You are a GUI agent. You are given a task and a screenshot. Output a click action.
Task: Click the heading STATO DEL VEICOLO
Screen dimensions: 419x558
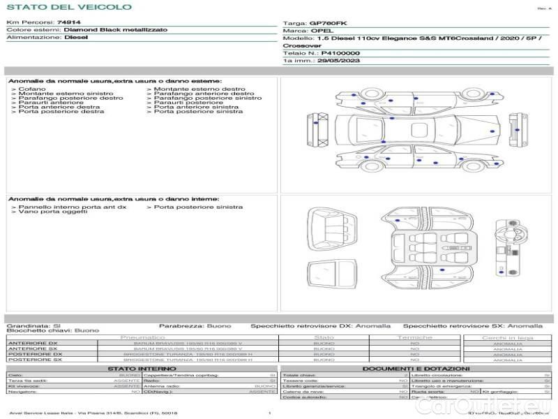(68, 7)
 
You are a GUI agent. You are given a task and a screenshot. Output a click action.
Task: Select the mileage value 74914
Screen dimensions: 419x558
(69, 22)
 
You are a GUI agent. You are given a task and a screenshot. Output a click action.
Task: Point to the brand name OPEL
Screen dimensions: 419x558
(322, 31)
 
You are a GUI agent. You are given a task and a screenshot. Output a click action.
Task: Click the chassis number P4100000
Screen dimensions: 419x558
(340, 53)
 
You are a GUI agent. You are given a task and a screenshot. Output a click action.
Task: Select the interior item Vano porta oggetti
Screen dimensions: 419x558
(47, 212)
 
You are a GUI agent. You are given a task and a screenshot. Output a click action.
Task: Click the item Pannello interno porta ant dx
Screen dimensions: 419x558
(73, 207)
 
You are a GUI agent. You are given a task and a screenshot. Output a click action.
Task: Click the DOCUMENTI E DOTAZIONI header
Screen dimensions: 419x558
(416, 368)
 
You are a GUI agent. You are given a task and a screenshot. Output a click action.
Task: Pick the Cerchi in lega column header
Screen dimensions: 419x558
(507, 338)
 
